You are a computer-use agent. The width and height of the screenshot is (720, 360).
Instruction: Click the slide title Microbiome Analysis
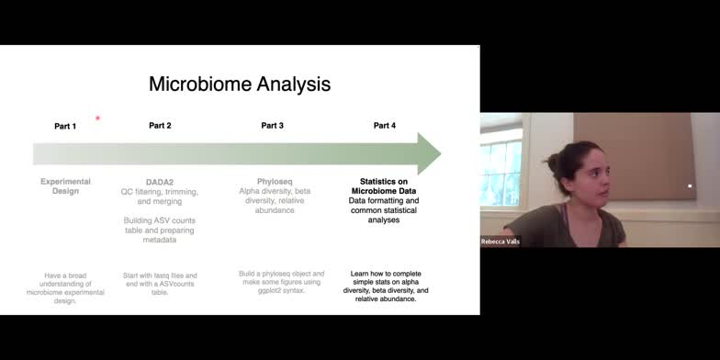(240, 84)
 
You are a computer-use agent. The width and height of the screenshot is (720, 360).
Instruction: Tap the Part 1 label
(65, 125)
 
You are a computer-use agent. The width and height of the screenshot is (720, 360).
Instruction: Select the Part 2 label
(160, 125)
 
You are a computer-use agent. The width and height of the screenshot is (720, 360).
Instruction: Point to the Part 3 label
(272, 125)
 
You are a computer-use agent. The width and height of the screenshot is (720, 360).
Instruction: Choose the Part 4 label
(384, 125)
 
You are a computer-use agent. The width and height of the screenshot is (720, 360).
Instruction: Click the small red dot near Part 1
(97, 118)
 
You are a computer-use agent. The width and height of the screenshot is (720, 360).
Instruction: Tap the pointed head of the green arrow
(430, 153)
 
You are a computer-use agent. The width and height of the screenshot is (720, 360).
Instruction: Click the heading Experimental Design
(65, 186)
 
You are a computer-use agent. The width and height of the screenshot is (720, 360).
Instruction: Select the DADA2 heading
(160, 182)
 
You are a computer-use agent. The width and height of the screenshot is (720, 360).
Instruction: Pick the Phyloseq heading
(273, 182)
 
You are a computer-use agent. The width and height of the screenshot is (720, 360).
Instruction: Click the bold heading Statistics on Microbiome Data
(385, 186)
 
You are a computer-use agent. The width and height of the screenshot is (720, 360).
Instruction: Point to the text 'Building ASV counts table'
(160, 226)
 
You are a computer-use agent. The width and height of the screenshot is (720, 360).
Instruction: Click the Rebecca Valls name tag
(501, 242)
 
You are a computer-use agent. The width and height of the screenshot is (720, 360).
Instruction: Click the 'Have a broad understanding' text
(65, 282)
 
